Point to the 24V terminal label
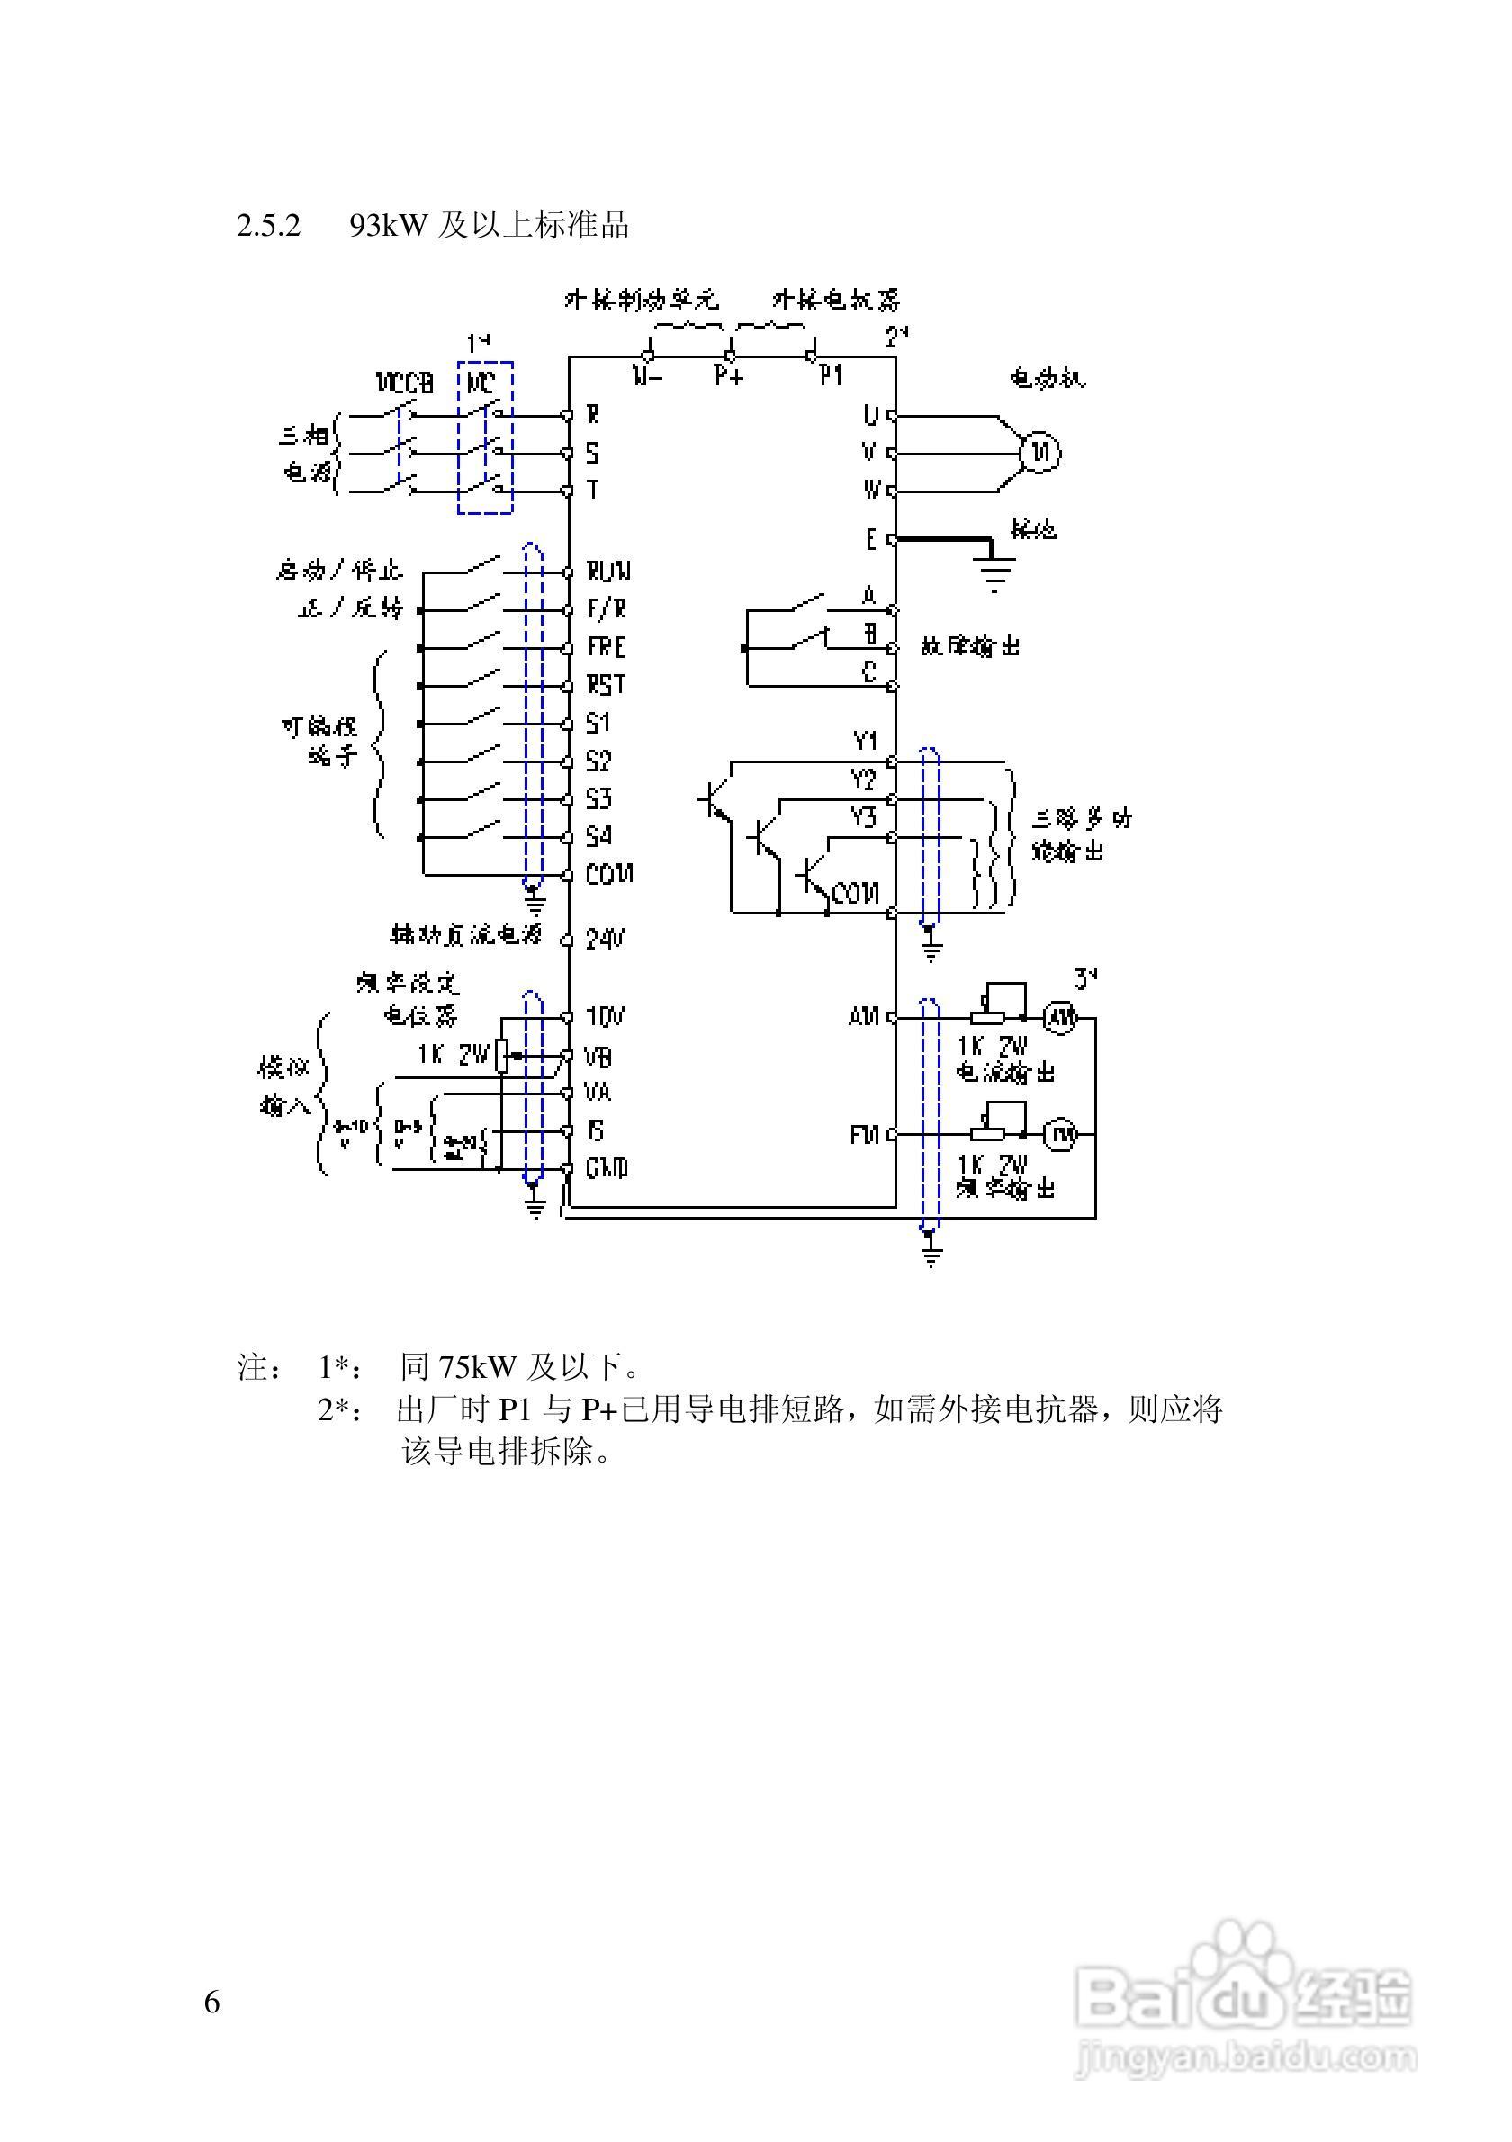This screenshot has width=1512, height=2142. pyautogui.click(x=605, y=939)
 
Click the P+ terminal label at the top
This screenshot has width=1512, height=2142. pyautogui.click(x=728, y=376)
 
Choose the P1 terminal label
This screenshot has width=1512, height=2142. pyautogui.click(x=831, y=376)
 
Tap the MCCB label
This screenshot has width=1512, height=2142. pyautogui.click(x=405, y=382)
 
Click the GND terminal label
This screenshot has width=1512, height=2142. pyautogui.click(x=607, y=1168)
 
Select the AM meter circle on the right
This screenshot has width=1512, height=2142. pyautogui.click(x=1059, y=1018)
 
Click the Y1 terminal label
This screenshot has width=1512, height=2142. pyautogui.click(x=866, y=742)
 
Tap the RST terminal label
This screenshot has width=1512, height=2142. pyautogui.click(x=606, y=686)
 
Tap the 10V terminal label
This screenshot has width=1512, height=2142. pyautogui.click(x=605, y=1017)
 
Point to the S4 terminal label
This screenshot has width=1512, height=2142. pyautogui.click(x=598, y=837)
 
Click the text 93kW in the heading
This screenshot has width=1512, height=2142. pyautogui.click(x=387, y=226)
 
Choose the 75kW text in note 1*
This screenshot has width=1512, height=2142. pyautogui.click(x=478, y=1369)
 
